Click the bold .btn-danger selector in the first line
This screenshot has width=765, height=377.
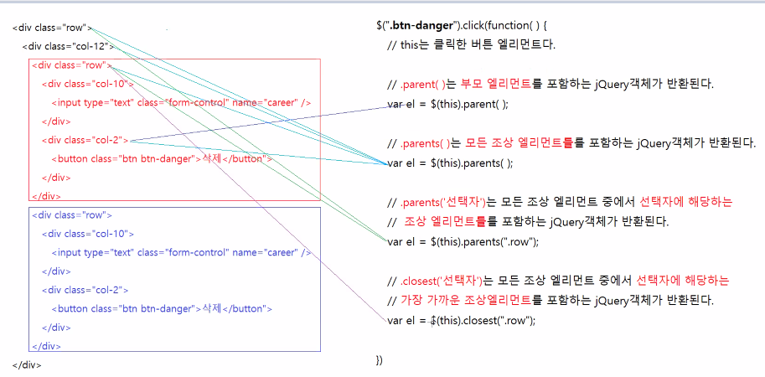tap(418, 25)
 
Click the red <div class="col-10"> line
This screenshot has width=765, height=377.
tap(88, 84)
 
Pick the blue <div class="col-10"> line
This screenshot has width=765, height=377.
tap(88, 234)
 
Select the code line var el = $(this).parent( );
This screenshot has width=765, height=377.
tap(448, 105)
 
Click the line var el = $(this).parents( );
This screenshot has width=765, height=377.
tap(451, 163)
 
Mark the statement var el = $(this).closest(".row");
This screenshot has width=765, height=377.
tap(462, 320)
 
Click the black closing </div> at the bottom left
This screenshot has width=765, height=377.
tap(27, 364)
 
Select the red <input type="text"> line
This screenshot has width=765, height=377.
tap(181, 102)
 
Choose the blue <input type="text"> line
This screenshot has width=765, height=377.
tap(181, 252)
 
